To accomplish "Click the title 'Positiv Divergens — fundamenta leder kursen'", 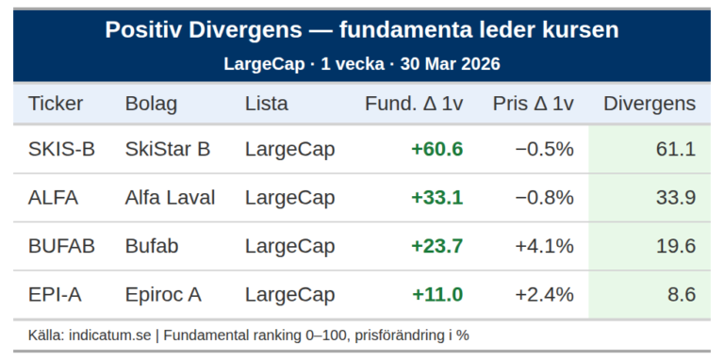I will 362,30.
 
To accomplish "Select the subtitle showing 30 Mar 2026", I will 362,64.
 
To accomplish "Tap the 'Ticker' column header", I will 56,104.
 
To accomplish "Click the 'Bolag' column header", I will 151,104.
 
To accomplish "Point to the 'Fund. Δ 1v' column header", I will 414,104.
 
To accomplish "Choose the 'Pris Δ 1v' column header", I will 533,104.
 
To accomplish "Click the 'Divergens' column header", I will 649,104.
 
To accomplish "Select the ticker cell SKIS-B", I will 61,149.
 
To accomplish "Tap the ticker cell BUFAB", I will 61,246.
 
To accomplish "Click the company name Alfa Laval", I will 170,198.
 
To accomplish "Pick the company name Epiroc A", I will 163,295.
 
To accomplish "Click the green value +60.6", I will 436,149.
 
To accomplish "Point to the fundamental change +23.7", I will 436,246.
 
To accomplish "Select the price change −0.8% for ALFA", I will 544,198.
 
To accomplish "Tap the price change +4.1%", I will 544,246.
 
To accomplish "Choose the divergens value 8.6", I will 681,295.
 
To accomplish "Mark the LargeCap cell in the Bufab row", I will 289,246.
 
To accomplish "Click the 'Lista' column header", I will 266,104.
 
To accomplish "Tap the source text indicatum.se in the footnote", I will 110,335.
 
